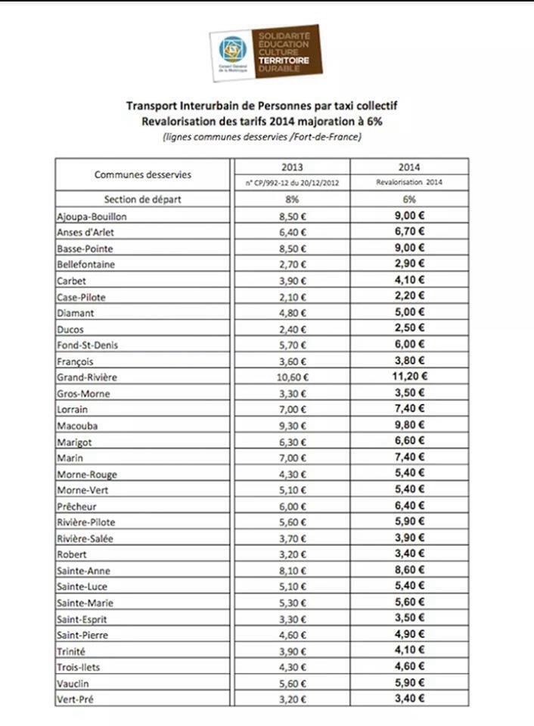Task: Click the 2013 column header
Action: pos(292,167)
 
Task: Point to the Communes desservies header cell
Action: pos(142,175)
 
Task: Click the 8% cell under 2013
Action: pos(292,200)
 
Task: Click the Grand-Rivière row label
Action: pos(87,377)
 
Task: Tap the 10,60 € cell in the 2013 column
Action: pos(292,377)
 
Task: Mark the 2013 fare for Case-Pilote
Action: pos(292,296)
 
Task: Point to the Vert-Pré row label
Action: pos(76,699)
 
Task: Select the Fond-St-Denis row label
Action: pos(85,345)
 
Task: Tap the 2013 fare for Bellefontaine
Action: pos(292,265)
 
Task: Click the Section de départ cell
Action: pos(142,200)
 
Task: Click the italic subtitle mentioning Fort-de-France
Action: pos(261,137)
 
